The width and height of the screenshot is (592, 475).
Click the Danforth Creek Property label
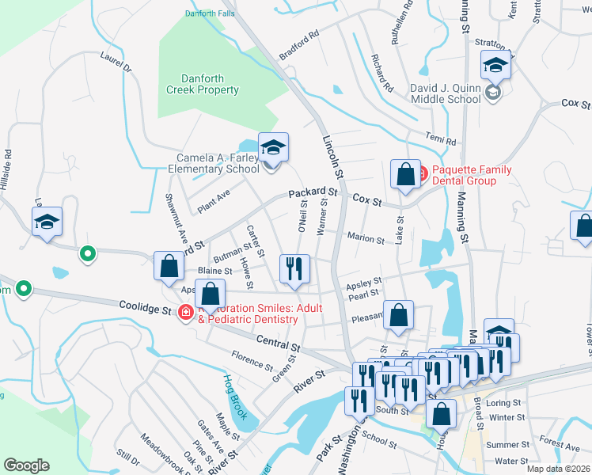[x=203, y=85]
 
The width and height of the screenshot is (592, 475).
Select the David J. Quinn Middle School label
[x=446, y=93]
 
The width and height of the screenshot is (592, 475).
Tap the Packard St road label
[x=313, y=192]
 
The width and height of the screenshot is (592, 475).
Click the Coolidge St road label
[x=145, y=306]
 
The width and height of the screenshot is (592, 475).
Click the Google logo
[x=26, y=465]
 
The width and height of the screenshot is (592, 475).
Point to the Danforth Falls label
[x=210, y=13]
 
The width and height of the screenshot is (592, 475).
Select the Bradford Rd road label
[x=299, y=45]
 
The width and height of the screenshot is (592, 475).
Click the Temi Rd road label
[x=441, y=138]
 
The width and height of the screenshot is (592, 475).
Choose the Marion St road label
[x=366, y=238]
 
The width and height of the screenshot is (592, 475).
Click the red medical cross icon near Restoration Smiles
[x=186, y=313]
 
